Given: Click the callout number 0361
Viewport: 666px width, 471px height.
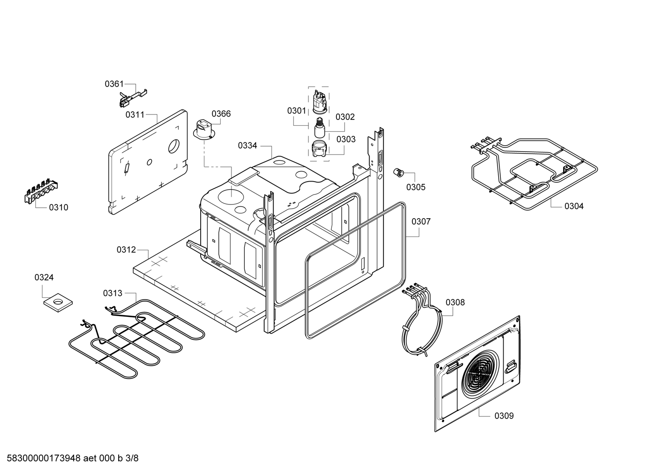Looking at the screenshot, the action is click(114, 84).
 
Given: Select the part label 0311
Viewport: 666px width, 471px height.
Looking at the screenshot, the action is click(135, 115).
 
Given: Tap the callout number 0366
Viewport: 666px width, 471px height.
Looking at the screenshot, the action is click(221, 114).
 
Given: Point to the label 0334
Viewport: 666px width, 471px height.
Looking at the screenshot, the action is click(247, 145).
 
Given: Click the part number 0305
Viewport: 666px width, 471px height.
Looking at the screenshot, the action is click(416, 187).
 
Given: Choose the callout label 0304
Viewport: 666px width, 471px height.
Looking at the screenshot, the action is click(574, 206).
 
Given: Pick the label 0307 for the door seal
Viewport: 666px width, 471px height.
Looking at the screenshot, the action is click(421, 222).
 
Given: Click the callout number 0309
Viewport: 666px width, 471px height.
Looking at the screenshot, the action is click(504, 416).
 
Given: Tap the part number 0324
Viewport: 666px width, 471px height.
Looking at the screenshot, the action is click(44, 277).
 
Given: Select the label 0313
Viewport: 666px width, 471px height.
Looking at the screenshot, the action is click(113, 293).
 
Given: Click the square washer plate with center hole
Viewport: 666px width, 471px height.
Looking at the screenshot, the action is click(58, 303).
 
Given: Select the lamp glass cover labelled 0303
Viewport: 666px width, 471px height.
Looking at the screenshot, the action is click(319, 149).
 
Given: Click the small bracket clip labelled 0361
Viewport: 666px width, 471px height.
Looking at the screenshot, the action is click(133, 97).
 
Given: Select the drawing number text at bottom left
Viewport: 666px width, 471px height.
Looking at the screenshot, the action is click(72, 458).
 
